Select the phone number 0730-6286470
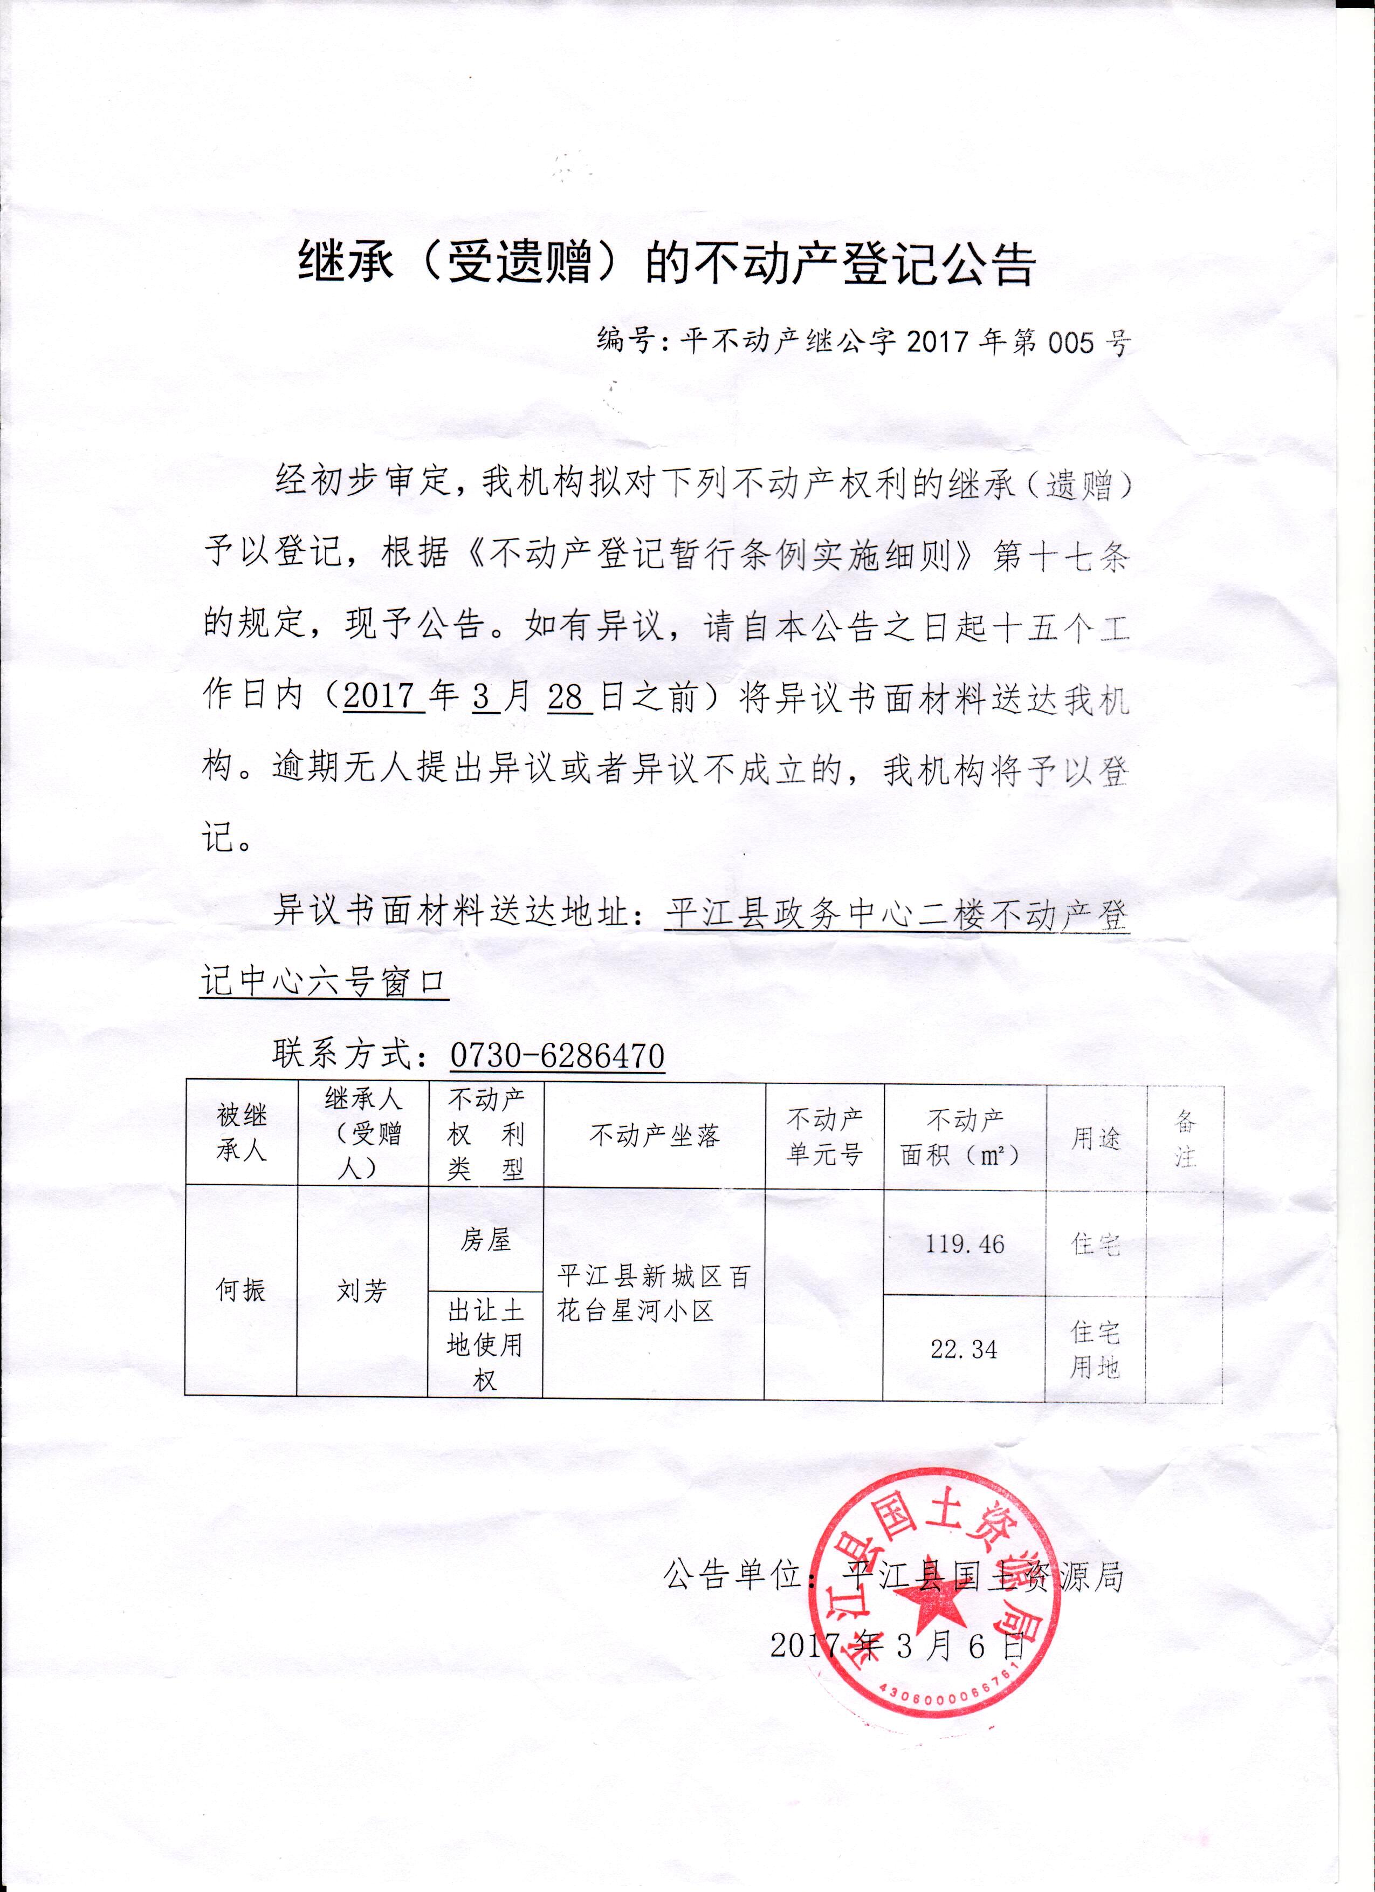pyautogui.click(x=557, y=1057)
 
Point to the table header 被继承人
pyautogui.click(x=241, y=1133)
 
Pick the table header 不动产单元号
pyautogui.click(x=824, y=1136)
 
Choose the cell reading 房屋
pyautogui.click(x=485, y=1240)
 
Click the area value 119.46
pyautogui.click(x=965, y=1245)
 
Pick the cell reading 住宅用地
pyautogui.click(x=1095, y=1349)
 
